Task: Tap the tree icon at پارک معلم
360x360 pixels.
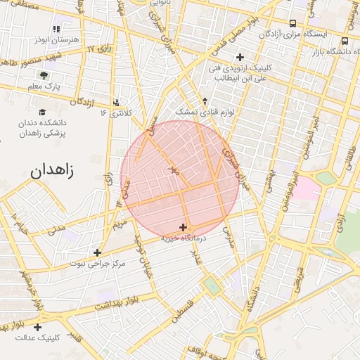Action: click(x=44, y=75)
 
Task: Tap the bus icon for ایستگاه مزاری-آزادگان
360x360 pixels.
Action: click(x=292, y=23)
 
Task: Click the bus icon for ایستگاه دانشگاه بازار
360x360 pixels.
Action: click(x=345, y=41)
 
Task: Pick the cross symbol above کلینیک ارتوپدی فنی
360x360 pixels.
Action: click(x=240, y=57)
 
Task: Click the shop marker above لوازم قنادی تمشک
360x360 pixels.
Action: click(x=205, y=101)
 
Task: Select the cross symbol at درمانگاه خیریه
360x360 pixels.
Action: click(x=184, y=227)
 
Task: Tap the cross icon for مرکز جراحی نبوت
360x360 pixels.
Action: click(x=97, y=252)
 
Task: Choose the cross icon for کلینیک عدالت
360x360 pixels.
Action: click(x=37, y=327)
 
